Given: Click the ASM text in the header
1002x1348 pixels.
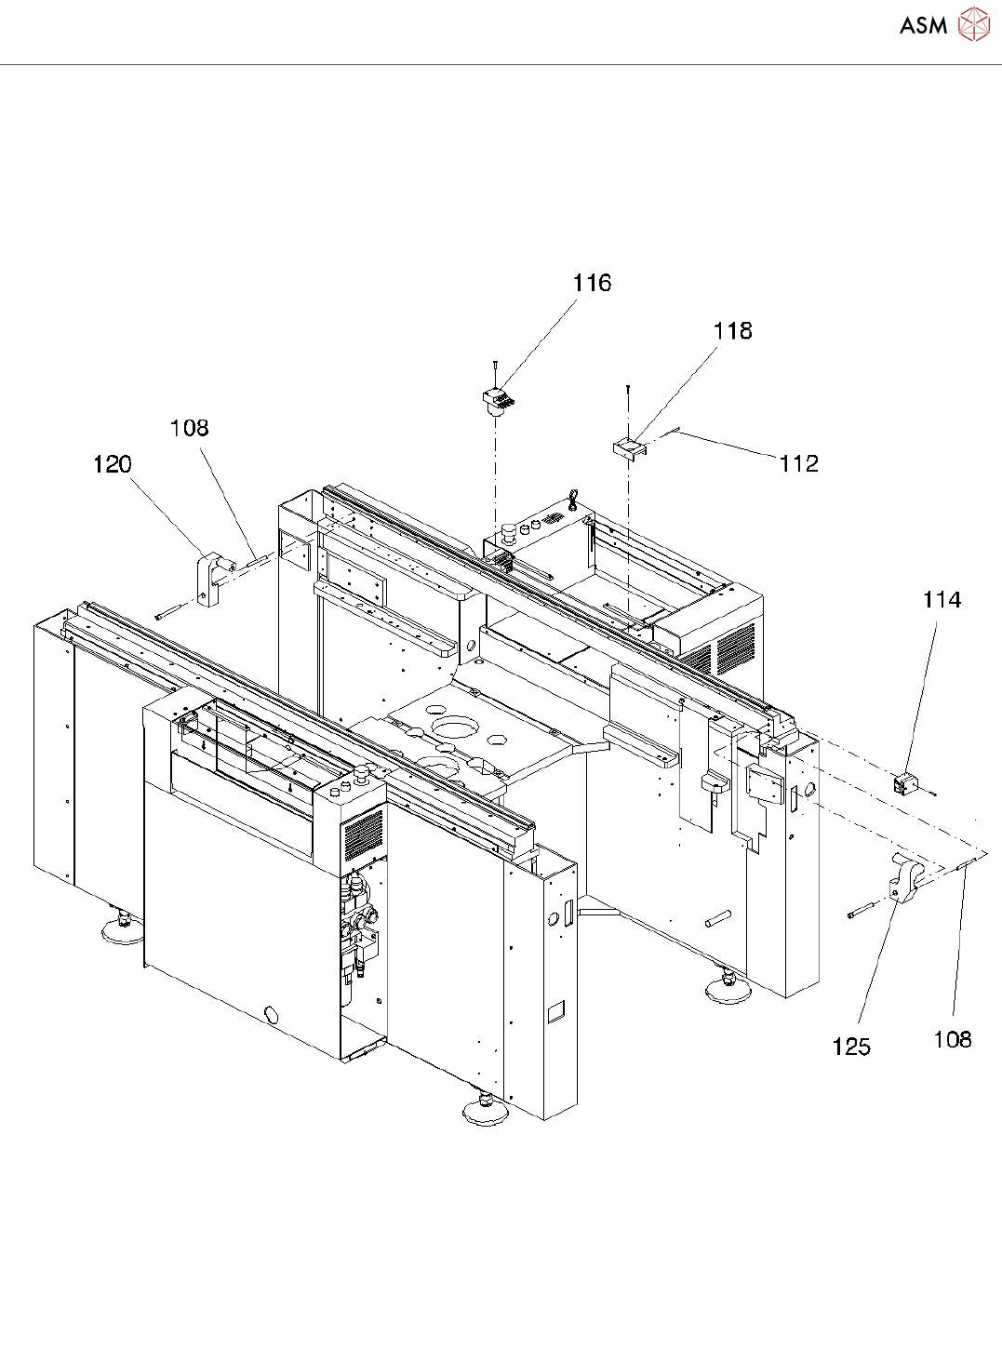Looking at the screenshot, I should [923, 26].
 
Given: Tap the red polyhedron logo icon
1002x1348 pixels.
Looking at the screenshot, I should [973, 25].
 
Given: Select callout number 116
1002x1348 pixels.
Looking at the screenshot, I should [592, 284].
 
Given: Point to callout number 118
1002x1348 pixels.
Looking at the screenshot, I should [732, 331].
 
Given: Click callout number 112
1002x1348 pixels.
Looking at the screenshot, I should [799, 463].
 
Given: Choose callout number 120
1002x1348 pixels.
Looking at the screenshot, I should [113, 464].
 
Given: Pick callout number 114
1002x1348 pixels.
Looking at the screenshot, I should [942, 600].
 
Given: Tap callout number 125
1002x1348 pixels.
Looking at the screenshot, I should [851, 1048].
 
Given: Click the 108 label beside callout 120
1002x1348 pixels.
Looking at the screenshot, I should [189, 428].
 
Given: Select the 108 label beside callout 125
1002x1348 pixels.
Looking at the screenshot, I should [953, 1039].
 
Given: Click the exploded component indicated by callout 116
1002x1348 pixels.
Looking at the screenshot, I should [499, 400].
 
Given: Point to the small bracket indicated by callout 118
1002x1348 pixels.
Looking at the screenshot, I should [627, 448].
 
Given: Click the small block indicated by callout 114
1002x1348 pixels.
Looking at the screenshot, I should [904, 783].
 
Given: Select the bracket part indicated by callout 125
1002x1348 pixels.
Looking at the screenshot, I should [905, 879].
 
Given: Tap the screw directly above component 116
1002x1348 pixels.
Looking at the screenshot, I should [496, 370].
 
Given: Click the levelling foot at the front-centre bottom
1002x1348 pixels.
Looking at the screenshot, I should [485, 1109].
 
